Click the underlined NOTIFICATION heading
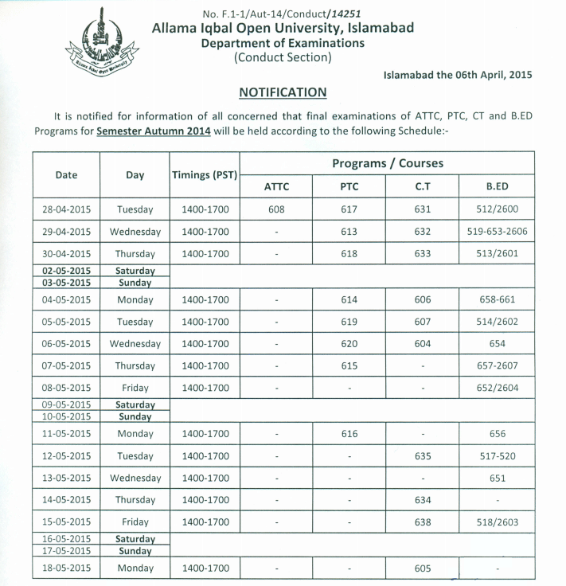tap(283, 92)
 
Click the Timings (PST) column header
tap(205, 174)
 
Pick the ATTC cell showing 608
tap(275, 209)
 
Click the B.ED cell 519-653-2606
tap(498, 232)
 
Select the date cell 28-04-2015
tap(67, 209)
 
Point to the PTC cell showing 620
tap(349, 344)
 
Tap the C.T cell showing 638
tap(423, 522)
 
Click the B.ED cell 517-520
tap(498, 456)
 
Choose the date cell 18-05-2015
tap(67, 568)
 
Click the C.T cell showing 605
tap(423, 568)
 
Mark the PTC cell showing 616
tap(349, 434)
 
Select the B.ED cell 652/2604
tap(498, 388)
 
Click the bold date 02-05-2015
tap(67, 271)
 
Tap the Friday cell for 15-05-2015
tap(135, 522)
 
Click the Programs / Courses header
tap(388, 163)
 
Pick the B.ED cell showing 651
tap(498, 479)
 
